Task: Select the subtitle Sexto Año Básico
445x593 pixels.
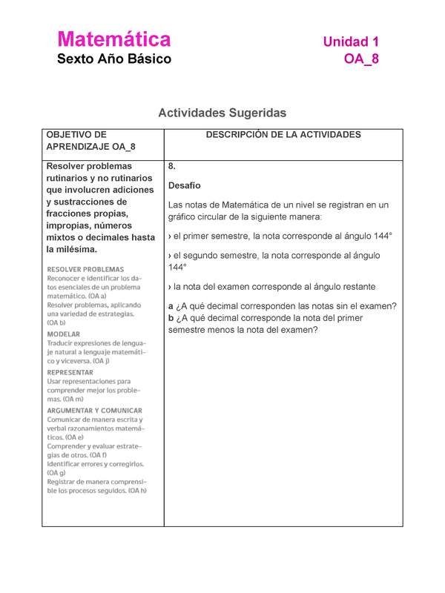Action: [x=114, y=59]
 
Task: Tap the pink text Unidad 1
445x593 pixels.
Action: [x=350, y=42]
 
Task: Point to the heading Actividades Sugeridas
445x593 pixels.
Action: [x=222, y=113]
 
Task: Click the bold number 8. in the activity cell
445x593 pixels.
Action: [x=172, y=166]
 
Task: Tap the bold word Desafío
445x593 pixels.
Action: [x=185, y=185]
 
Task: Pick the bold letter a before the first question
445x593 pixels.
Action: [x=171, y=306]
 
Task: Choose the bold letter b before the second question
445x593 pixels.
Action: [x=171, y=318]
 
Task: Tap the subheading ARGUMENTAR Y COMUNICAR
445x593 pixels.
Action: [x=95, y=410]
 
